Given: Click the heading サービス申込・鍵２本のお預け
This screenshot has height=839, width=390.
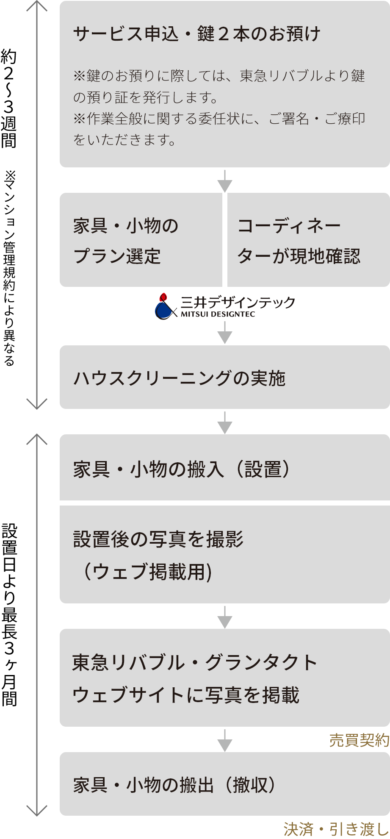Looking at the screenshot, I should coord(196,34).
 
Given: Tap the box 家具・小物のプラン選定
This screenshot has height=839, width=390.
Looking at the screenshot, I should coord(141,240).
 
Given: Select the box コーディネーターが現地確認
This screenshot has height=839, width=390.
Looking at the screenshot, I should coord(308,240).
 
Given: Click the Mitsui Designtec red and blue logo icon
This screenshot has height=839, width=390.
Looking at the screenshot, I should coord(164,306).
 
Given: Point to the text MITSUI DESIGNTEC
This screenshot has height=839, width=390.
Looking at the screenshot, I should coord(218,314).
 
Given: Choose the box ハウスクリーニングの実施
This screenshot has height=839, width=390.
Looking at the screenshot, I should coord(224,377).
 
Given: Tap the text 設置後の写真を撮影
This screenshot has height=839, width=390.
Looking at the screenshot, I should coord(158,539).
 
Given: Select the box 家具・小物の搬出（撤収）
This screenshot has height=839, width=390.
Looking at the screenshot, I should coord(224,784).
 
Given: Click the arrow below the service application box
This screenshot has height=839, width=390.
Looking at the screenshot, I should coord(224,181).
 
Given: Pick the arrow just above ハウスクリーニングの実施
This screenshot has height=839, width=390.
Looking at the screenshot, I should coord(224,333).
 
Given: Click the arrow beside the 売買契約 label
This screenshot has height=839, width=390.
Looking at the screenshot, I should coord(224,740).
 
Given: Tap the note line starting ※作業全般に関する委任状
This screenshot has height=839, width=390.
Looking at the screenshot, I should coord(219,119).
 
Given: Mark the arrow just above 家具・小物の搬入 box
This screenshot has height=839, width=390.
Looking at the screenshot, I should coord(224,422).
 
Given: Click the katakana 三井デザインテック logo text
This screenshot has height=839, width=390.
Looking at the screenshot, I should coord(238,302).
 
